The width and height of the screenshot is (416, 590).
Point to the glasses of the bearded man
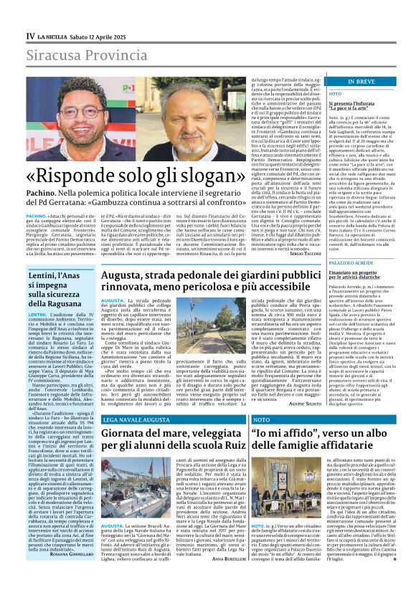pyautogui.click(x=80, y=112)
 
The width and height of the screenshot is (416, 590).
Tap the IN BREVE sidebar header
pyautogui.click(x=361, y=82)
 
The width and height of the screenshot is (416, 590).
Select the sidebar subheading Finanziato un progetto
pyautogui.click(x=352, y=274)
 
